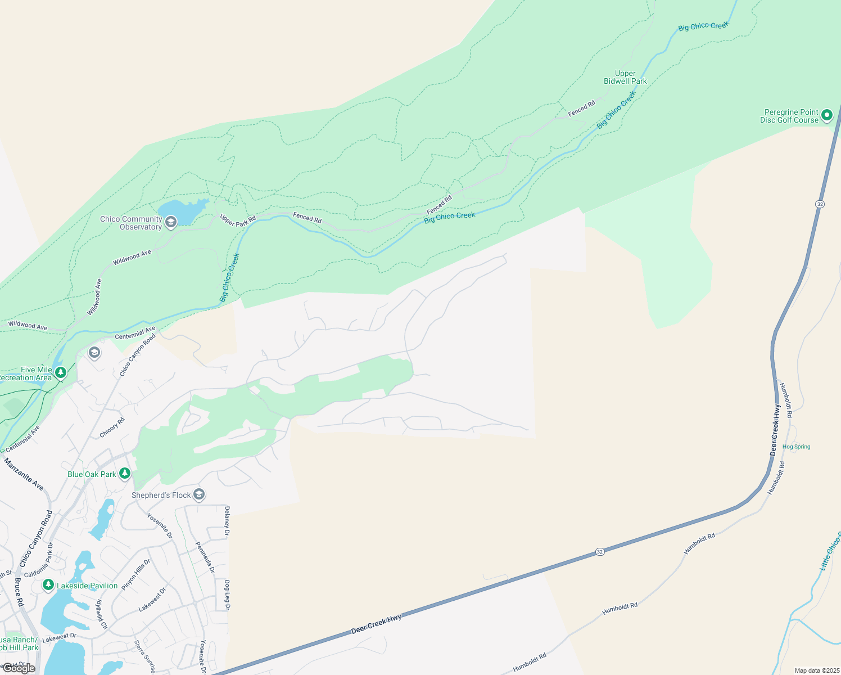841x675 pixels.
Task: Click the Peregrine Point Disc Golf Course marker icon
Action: click(x=826, y=116)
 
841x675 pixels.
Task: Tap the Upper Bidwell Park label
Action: click(x=625, y=78)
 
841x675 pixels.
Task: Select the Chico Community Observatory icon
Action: click(x=171, y=222)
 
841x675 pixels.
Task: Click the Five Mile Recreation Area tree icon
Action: click(x=61, y=372)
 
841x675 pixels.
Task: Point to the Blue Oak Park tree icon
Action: click(x=124, y=474)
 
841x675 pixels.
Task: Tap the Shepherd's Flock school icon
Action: click(x=198, y=494)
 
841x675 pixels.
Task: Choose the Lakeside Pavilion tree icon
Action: click(x=48, y=586)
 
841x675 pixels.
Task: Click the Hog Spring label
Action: click(x=797, y=447)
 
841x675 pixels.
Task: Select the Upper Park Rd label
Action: click(x=237, y=220)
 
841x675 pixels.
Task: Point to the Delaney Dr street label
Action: click(x=227, y=520)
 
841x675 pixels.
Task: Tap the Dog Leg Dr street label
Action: click(x=227, y=595)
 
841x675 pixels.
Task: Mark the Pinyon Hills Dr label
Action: click(x=136, y=574)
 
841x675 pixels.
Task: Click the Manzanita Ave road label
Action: click(x=24, y=474)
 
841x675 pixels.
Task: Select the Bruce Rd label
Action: click(x=19, y=592)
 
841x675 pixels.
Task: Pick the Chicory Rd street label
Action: click(x=112, y=427)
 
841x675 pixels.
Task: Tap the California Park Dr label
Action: click(x=38, y=561)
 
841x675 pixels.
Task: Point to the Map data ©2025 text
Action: click(x=816, y=670)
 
